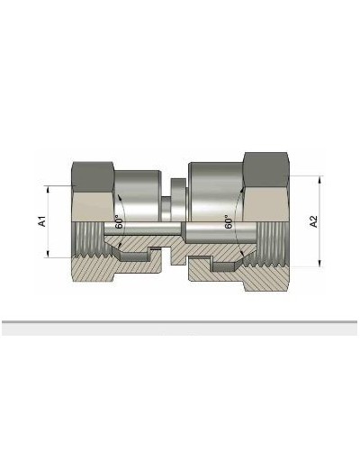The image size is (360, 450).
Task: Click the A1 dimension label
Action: pos(42,221)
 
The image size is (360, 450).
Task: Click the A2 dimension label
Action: pos(313,221)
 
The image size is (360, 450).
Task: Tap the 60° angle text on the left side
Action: pos(118,222)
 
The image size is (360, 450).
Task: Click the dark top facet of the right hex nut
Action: pos(269,166)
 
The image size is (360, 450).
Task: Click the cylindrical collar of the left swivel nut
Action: pos(139,189)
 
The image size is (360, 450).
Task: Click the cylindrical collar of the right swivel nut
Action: pos(216,184)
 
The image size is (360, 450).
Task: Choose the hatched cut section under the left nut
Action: pos(99,270)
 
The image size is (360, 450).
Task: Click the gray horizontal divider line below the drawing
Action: pos(180,321)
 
